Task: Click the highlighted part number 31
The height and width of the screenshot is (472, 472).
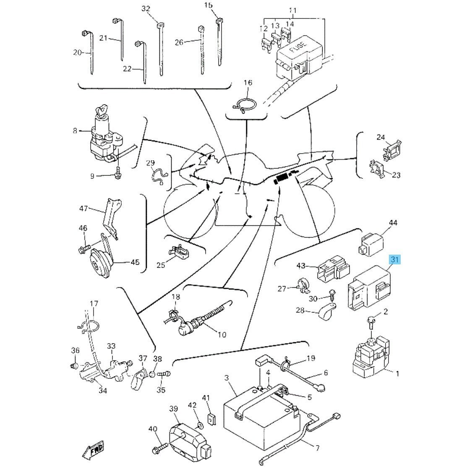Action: click(x=394, y=260)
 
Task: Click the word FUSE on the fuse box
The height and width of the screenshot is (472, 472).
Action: click(x=301, y=43)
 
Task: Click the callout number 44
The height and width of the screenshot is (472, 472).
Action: click(x=393, y=223)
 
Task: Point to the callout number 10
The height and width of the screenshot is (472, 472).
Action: click(x=221, y=335)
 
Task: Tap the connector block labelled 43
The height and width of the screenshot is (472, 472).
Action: click(x=331, y=271)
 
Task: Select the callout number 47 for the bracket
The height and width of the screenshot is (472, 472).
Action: click(x=83, y=209)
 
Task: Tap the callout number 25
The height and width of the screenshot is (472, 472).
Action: click(x=161, y=265)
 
